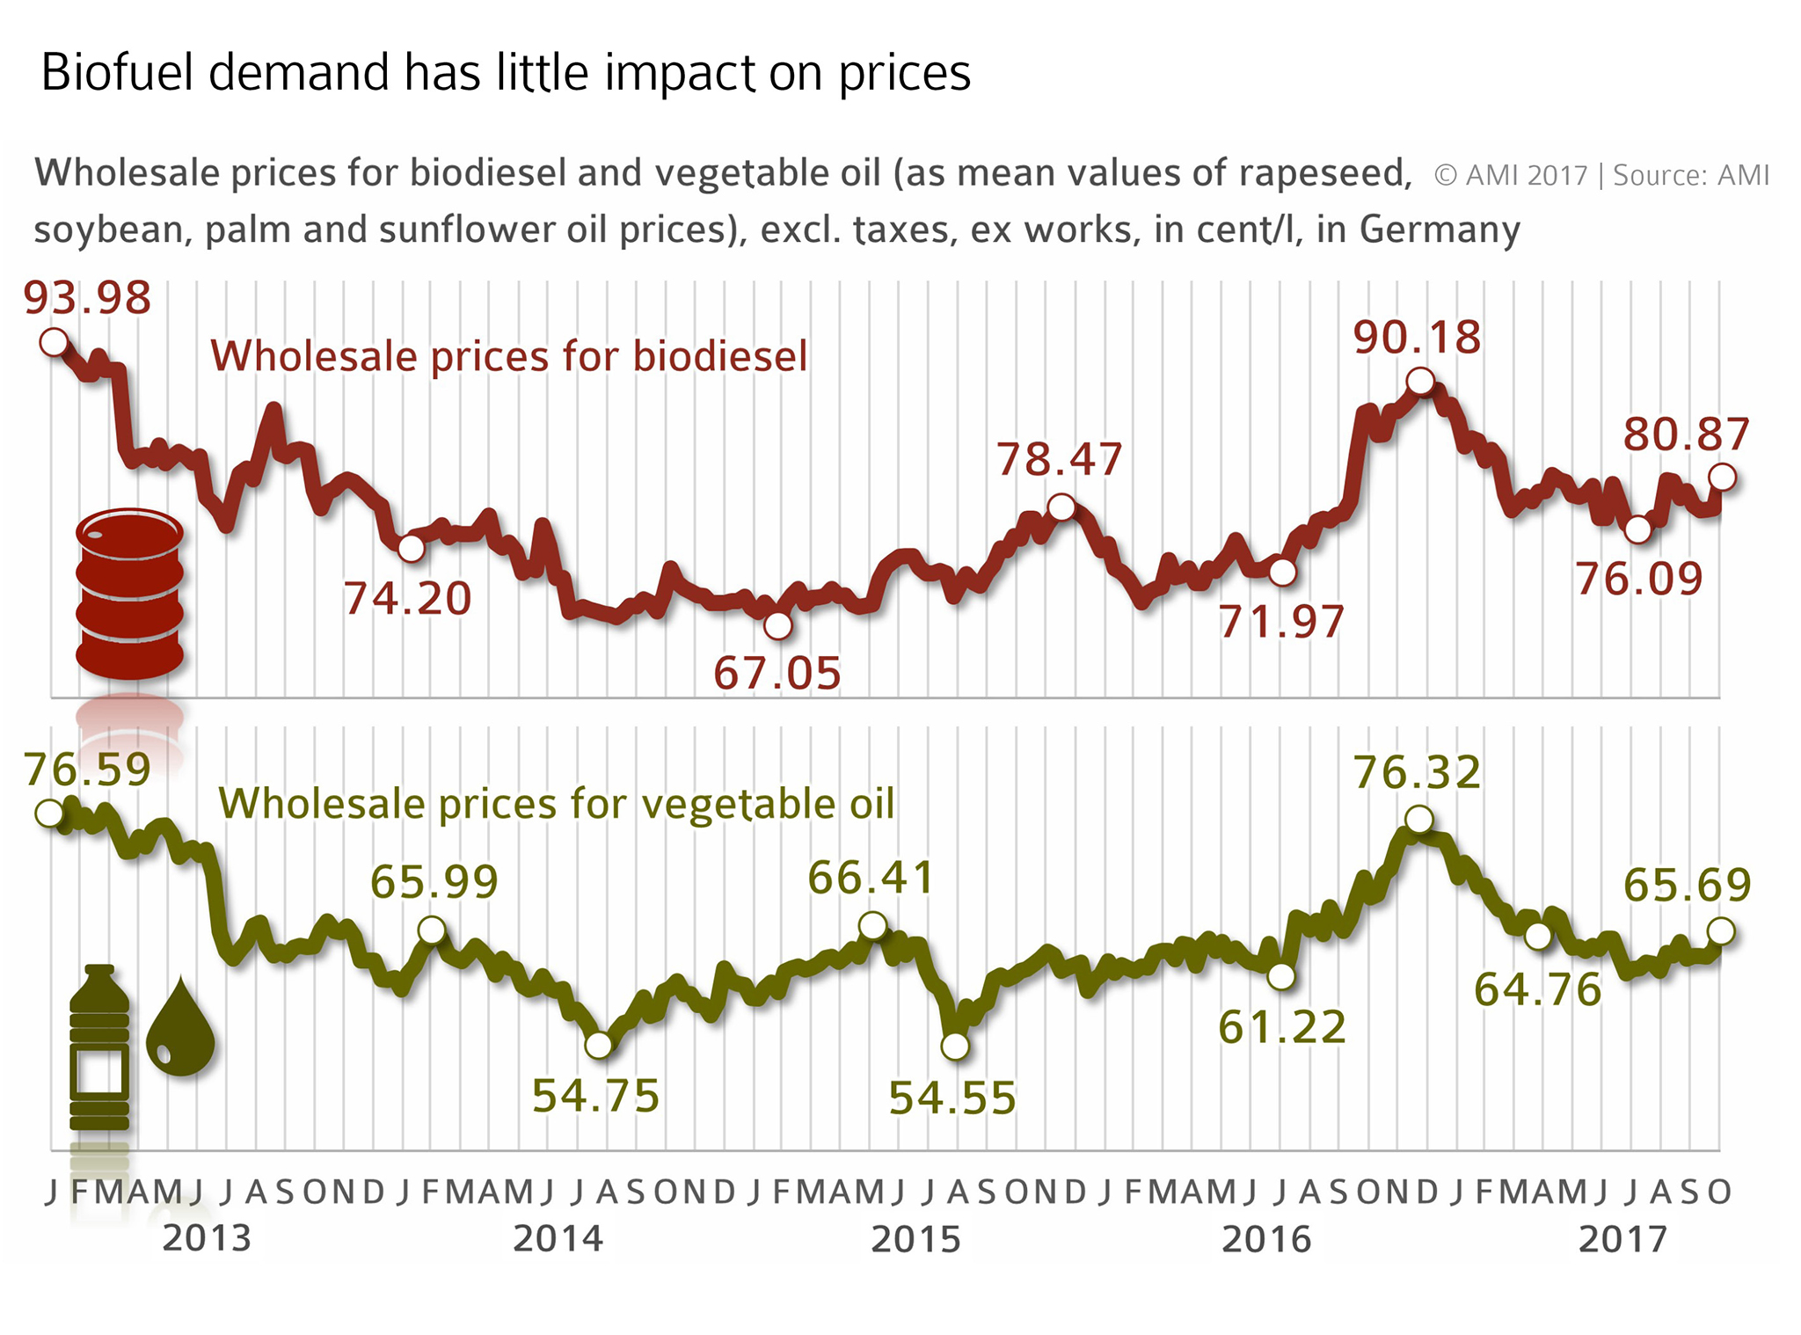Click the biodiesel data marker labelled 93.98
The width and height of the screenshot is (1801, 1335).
point(55,342)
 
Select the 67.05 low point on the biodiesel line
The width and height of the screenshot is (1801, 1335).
point(777,626)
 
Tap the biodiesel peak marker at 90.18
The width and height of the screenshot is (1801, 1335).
point(1420,382)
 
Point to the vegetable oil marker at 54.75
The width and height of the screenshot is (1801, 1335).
point(598,1046)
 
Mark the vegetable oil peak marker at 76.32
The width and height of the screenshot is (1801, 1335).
point(1419,820)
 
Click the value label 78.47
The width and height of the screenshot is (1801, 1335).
point(1060,460)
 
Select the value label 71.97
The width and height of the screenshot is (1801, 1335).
point(1281,622)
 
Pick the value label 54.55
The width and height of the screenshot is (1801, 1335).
point(952,1098)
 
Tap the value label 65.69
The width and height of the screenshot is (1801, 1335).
point(1688,885)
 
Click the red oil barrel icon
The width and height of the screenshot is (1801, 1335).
point(130,594)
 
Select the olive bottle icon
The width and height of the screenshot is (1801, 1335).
point(99,1047)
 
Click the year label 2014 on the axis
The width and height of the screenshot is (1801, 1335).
point(558,1239)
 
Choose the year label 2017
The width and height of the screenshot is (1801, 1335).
point(1622,1239)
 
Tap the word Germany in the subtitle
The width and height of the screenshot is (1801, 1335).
point(1440,230)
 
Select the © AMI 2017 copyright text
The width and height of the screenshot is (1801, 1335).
point(1510,175)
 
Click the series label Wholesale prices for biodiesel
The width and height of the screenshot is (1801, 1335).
point(508,357)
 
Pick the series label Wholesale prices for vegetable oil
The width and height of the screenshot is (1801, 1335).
point(556,804)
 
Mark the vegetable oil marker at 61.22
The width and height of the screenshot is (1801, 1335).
point(1281,976)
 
